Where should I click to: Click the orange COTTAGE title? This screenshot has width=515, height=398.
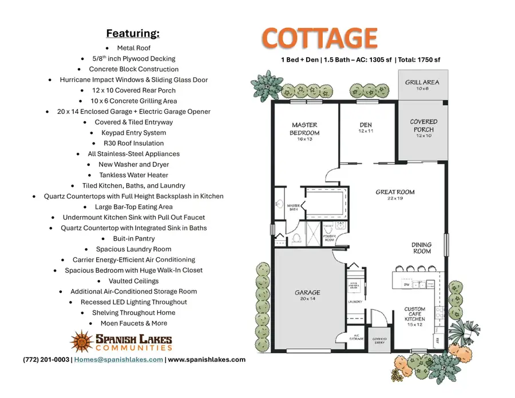(320, 38)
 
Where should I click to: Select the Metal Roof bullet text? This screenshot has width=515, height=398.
(134, 48)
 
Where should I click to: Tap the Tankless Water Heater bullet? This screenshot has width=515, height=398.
(134, 175)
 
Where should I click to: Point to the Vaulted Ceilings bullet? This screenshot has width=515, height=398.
(134, 281)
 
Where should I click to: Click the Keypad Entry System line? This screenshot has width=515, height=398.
(133, 133)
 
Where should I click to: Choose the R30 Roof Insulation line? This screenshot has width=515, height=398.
(133, 143)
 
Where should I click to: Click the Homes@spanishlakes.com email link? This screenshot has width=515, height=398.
(118, 360)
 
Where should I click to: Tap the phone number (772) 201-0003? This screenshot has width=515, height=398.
(46, 360)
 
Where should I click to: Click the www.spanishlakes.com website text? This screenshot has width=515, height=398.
(207, 360)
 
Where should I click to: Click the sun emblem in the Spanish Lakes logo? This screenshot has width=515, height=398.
(81, 341)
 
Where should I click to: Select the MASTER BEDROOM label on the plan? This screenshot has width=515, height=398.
(304, 129)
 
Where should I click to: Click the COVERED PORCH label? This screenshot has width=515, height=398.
(423, 126)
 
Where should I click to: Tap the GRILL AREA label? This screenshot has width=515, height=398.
(422, 83)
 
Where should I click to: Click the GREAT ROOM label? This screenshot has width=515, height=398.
(395, 192)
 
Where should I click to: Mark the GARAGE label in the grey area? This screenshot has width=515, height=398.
(307, 293)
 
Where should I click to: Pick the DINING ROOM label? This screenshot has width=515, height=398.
(422, 248)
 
